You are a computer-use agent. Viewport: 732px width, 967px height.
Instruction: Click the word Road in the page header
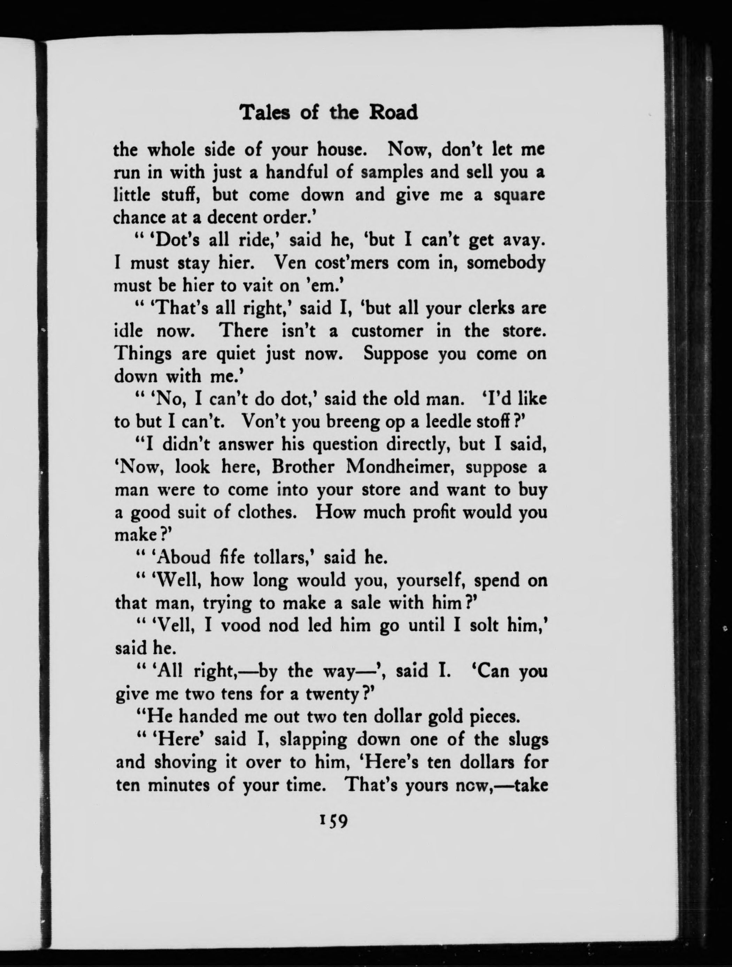(x=394, y=113)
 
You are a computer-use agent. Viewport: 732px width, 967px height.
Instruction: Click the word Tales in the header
(x=266, y=113)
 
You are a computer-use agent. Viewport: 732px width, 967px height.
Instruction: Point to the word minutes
(x=180, y=785)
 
